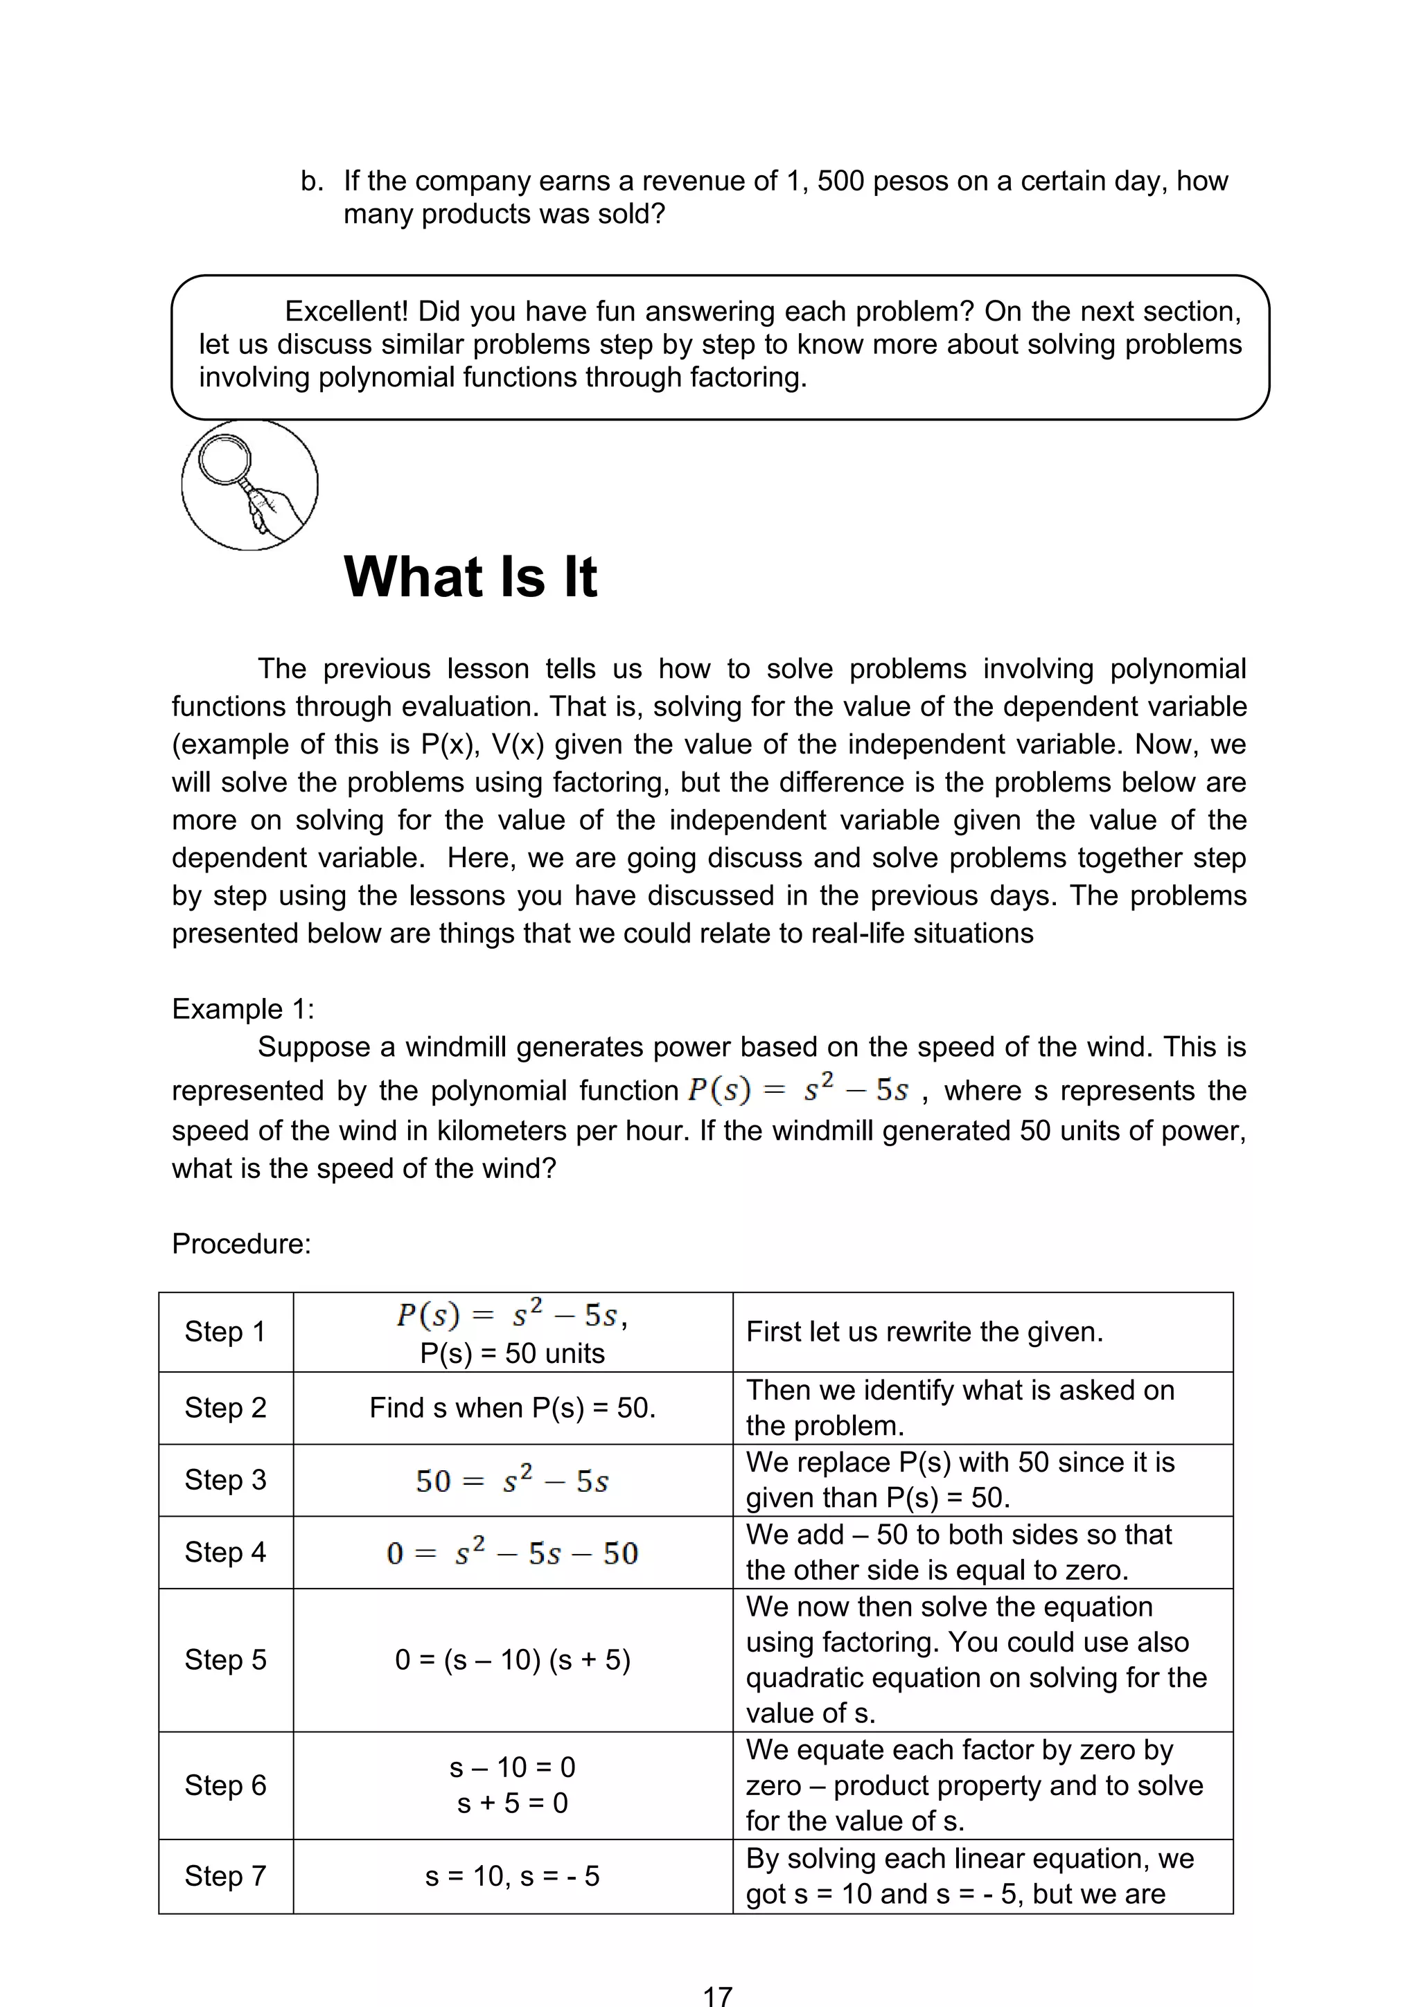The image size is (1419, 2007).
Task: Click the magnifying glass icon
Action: (249, 485)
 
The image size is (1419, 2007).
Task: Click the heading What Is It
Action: (470, 577)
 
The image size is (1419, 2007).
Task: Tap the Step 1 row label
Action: (224, 1331)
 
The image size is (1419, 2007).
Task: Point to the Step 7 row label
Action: (224, 1876)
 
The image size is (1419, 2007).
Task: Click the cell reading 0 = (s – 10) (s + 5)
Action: (512, 1659)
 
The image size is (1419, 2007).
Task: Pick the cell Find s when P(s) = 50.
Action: (512, 1407)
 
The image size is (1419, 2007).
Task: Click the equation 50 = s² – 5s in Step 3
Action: (512, 1480)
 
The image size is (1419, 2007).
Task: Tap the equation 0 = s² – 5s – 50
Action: (512, 1553)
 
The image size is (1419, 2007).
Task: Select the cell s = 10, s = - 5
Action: (512, 1876)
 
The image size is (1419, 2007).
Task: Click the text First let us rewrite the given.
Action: (924, 1331)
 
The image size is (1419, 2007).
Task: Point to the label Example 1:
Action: (243, 1009)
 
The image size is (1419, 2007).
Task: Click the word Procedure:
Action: (241, 1243)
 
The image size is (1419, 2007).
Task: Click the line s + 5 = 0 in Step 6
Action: (512, 1803)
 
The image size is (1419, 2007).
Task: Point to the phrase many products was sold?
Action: (504, 214)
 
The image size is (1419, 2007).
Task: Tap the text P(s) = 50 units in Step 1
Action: (512, 1353)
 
